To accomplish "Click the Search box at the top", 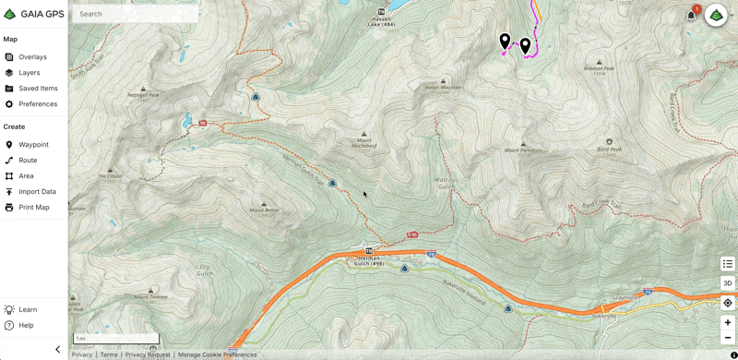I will pyautogui.click(x=134, y=14).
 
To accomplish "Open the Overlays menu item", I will pyautogui.click(x=32, y=57).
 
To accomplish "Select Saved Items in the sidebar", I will pyautogui.click(x=38, y=89).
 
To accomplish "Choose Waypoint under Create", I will pyautogui.click(x=33, y=145).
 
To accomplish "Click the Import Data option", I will pyautogui.click(x=37, y=192).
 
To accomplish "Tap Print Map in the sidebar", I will pyautogui.click(x=34, y=208).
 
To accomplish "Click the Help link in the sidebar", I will pyautogui.click(x=26, y=325).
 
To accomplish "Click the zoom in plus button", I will pyautogui.click(x=728, y=323).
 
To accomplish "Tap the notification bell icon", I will pyautogui.click(x=691, y=15).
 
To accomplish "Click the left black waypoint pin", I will pyautogui.click(x=505, y=41).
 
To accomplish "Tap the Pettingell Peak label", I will pyautogui.click(x=143, y=94).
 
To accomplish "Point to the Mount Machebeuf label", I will pyautogui.click(x=363, y=145).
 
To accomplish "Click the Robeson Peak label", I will pyautogui.click(x=600, y=68).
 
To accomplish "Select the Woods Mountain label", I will pyautogui.click(x=443, y=88).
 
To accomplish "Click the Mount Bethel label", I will pyautogui.click(x=264, y=210).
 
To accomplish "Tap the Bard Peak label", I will pyautogui.click(x=609, y=149).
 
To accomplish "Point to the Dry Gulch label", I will pyautogui.click(x=206, y=270).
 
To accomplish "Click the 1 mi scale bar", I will pyautogui.click(x=115, y=339).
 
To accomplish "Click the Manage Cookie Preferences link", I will pyautogui.click(x=217, y=354).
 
